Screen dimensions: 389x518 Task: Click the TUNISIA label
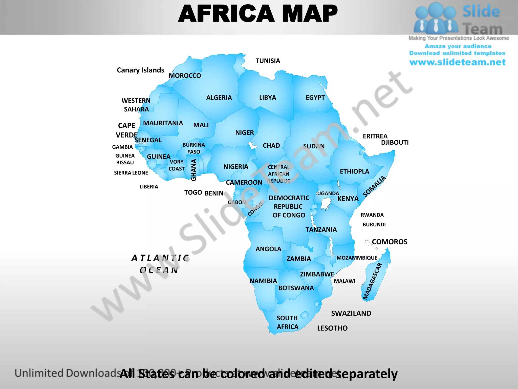pos(268,61)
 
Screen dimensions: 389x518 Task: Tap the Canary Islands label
pos(140,70)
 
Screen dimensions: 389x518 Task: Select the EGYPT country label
pos(315,98)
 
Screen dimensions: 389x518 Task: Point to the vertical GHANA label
pos(194,170)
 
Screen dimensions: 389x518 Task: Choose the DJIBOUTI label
pos(395,143)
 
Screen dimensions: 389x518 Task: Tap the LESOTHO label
pos(332,328)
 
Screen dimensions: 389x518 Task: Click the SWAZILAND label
pos(351,314)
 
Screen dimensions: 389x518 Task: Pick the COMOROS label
pos(390,242)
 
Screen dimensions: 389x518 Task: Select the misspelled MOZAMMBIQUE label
pos(357,258)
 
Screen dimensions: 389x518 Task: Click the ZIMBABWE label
pos(317,274)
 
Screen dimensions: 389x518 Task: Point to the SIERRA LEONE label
pos(131,173)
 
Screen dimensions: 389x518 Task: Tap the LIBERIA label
pos(149,187)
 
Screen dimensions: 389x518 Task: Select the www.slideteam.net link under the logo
pos(457,62)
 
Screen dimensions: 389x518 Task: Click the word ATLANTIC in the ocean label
pos(160,258)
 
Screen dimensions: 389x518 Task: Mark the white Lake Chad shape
pos(252,146)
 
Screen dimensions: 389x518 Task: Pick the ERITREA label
pos(375,136)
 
